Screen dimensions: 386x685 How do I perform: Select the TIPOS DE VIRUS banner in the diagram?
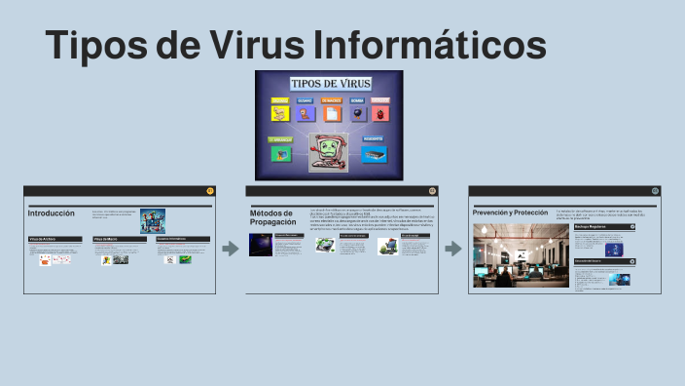coord(329,84)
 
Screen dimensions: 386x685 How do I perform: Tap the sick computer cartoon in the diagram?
coord(329,152)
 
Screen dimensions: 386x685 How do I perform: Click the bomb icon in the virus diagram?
coord(356,113)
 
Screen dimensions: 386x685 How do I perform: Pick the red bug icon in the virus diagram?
coord(380,113)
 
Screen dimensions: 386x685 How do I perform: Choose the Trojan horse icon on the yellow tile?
coord(280,113)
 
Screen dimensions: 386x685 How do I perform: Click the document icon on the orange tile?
coord(331,113)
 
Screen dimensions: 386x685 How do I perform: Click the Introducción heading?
coord(51,212)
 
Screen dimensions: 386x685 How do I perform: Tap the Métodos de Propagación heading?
coord(271,217)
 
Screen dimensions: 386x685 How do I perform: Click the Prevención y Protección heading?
coord(510,212)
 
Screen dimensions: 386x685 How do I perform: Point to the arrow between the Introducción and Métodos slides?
coord(231,250)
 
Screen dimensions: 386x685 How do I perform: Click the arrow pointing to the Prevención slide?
coord(453,250)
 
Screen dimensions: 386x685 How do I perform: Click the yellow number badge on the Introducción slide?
coord(210,191)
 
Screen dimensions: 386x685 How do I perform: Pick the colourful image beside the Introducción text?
coord(153,219)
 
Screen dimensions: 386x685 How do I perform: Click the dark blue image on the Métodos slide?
coord(261,245)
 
